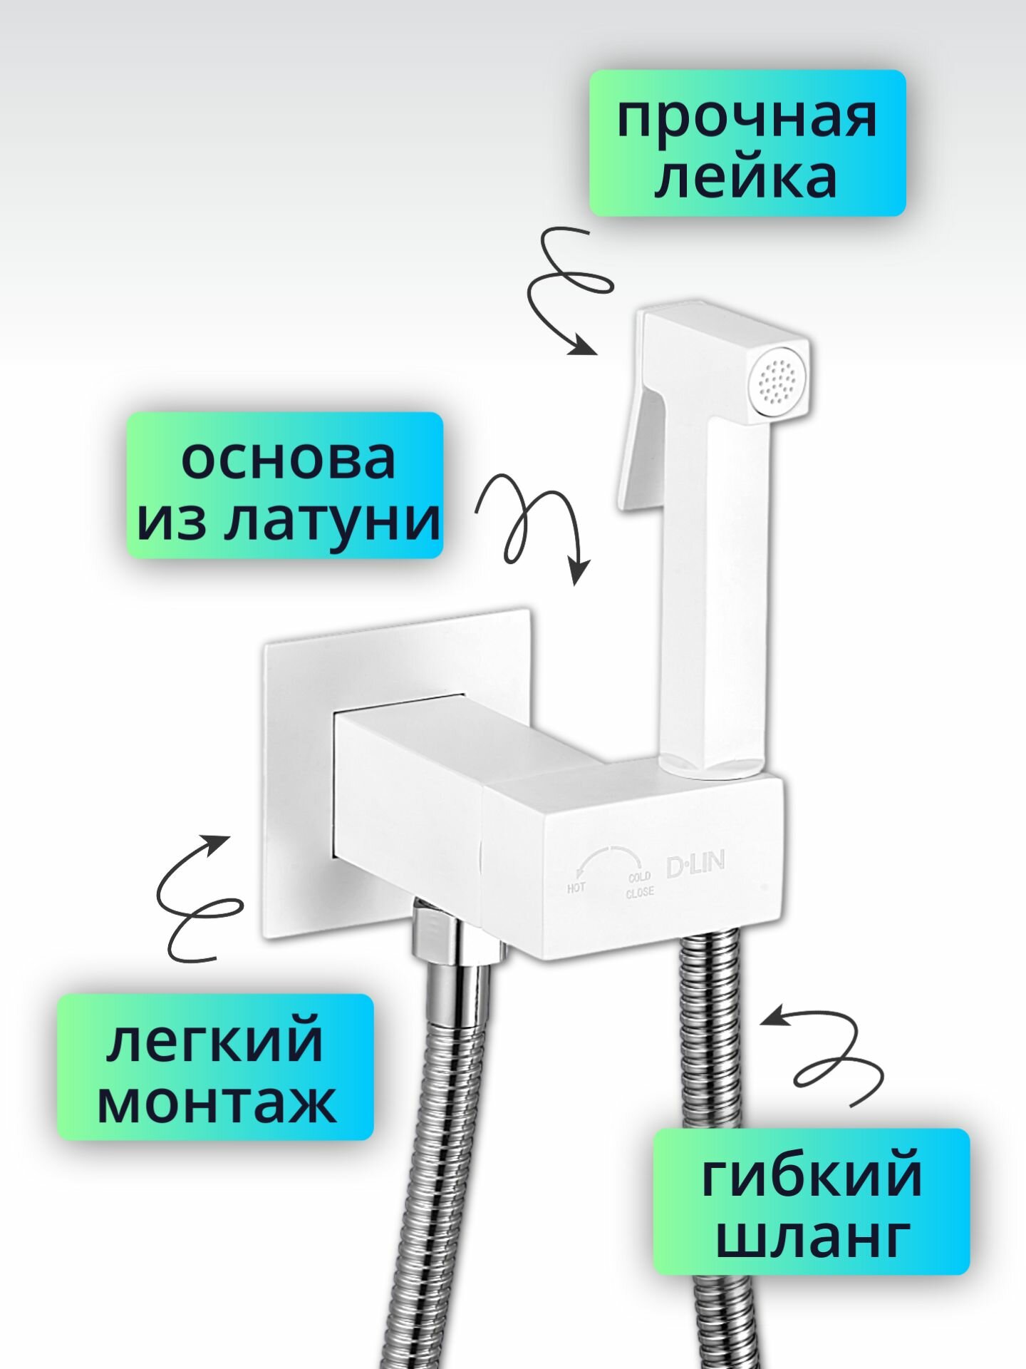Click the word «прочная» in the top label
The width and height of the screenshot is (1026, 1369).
point(747,118)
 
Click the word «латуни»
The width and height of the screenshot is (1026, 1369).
point(332,521)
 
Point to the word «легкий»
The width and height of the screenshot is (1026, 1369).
point(215,1042)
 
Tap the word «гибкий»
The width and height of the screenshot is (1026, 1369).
point(812,1177)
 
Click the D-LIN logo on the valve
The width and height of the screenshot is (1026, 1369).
point(695,865)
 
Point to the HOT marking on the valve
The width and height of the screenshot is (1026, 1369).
point(576,888)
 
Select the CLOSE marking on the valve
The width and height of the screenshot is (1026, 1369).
point(639,893)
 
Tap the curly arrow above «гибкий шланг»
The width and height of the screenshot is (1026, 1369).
point(830,1055)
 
